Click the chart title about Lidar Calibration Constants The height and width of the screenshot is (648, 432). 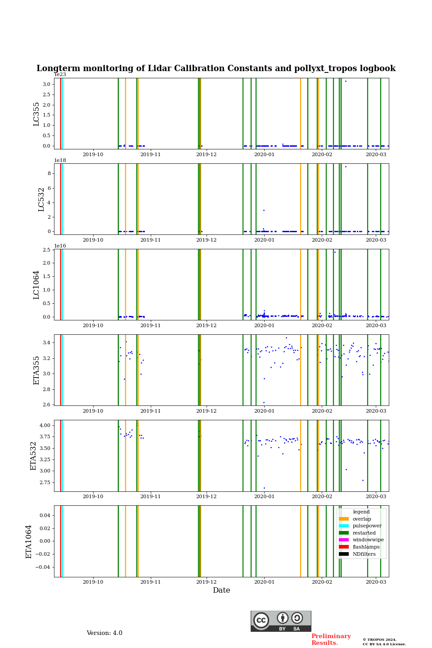pos(216,68)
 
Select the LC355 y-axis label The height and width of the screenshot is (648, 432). pos(36,114)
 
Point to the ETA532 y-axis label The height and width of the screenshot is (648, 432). pos(33,456)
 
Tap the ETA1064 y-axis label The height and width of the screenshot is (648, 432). pos(29,541)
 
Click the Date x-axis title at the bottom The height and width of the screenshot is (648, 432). pos(221,590)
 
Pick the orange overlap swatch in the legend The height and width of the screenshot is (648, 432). pos(344,519)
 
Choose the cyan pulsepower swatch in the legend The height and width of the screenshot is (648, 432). pos(344,526)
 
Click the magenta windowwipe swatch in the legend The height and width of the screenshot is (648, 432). pos(344,540)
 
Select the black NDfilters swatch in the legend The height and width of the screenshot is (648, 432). pos(344,554)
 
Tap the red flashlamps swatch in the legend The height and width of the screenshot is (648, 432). pos(344,547)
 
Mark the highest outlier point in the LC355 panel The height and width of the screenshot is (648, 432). pos(346,81)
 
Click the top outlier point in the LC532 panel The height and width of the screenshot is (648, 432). pos(346,166)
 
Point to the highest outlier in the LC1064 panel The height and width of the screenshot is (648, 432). pos(335,252)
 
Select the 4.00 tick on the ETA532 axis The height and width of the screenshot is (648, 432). pos(45,425)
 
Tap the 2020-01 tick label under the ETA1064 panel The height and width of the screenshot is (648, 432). pos(264,581)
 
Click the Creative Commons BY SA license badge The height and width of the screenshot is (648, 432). pos(281,621)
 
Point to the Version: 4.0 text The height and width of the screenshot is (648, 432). pos(104,633)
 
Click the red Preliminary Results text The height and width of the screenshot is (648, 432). pos(331,639)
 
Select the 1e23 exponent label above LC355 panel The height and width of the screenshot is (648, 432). pos(60,75)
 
